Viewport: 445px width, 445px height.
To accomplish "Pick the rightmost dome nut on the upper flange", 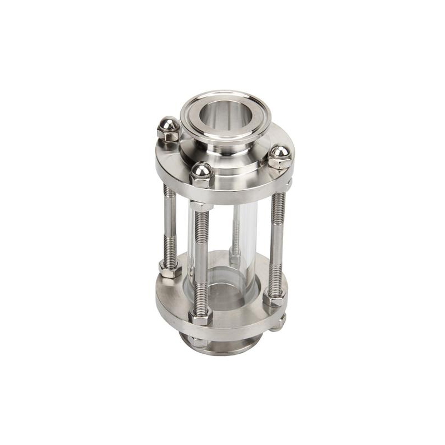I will pos(280,156).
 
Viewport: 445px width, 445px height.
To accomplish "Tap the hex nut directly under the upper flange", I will pos(201,206).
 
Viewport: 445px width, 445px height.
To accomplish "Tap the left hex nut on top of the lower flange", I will pos(167,268).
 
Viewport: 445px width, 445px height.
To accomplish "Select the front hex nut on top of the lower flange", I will pos(201,317).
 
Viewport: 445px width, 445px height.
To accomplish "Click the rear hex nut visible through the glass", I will pos(235,259).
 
